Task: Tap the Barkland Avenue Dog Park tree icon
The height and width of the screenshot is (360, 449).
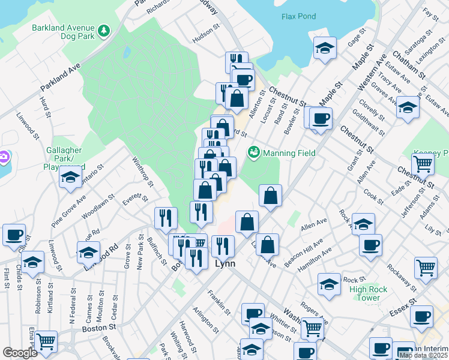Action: point(104,30)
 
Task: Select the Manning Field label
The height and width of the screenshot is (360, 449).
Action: point(289,153)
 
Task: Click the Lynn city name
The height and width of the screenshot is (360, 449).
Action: point(225,263)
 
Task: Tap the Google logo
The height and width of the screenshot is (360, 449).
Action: point(20,353)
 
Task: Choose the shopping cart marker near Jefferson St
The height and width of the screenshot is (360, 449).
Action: point(423,164)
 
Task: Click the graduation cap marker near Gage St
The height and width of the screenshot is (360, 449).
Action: point(325,49)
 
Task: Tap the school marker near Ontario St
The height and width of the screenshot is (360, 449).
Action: point(70,177)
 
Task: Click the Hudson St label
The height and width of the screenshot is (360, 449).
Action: point(203,37)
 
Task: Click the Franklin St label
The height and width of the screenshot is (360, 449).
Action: point(219,301)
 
